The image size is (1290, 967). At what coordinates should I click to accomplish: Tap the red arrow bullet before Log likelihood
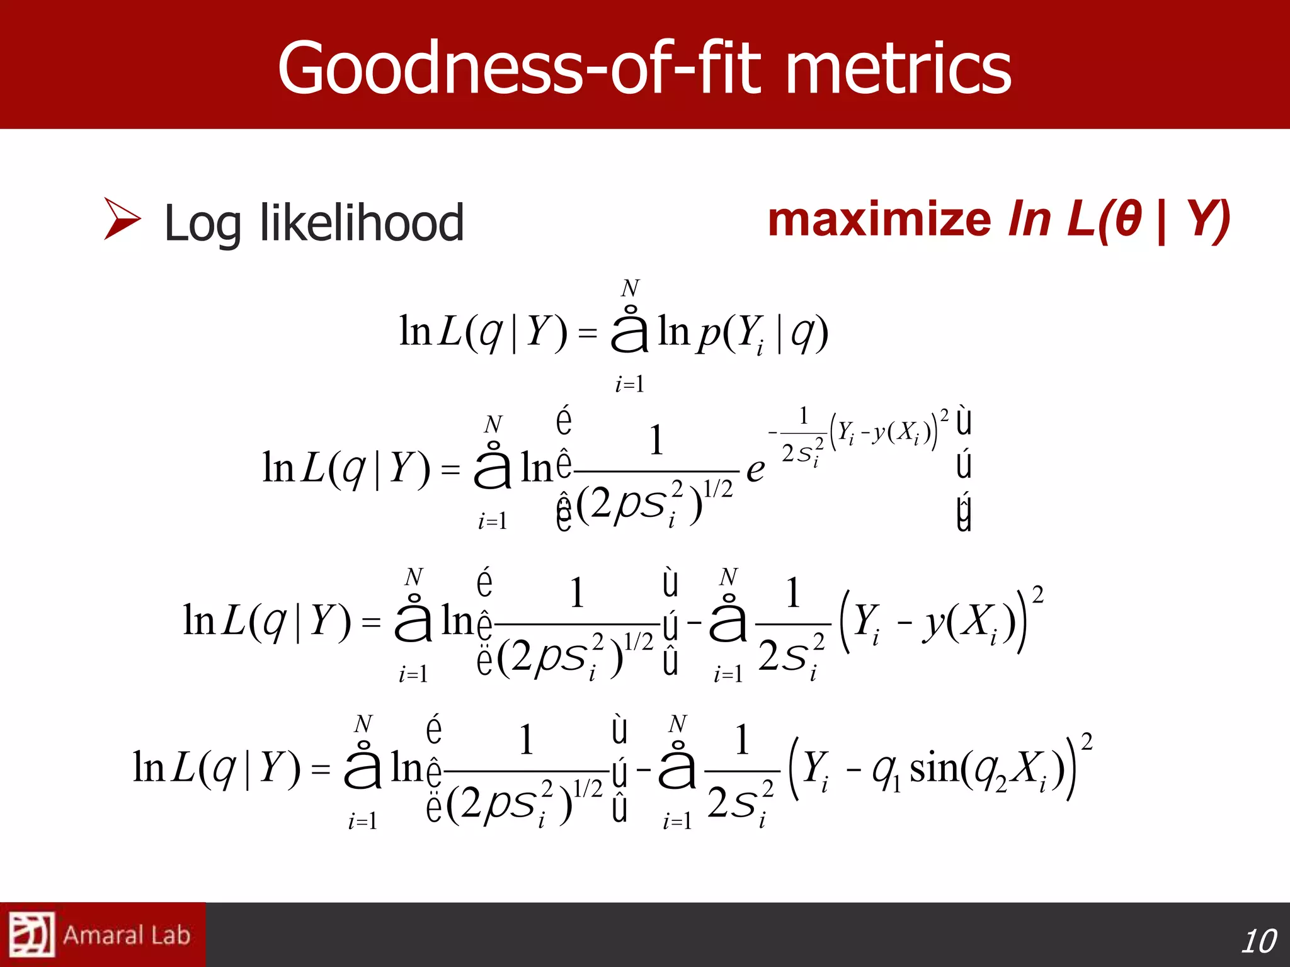pos(122,219)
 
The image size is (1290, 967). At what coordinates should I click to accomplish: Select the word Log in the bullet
pos(202,225)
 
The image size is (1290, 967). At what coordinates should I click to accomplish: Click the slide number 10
pos(1258,941)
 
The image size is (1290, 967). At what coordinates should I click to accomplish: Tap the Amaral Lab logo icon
pos(31,935)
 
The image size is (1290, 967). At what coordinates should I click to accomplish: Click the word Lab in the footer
pos(171,936)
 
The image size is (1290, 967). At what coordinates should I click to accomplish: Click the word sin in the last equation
pos(934,769)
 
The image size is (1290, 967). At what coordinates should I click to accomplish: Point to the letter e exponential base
pos(755,470)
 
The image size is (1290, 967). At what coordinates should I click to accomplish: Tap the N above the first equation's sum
pos(629,288)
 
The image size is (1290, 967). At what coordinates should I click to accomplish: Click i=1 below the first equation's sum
pos(629,384)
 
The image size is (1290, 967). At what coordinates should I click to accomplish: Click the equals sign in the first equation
pos(587,333)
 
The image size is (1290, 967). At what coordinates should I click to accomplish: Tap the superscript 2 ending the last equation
pos(1087,742)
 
